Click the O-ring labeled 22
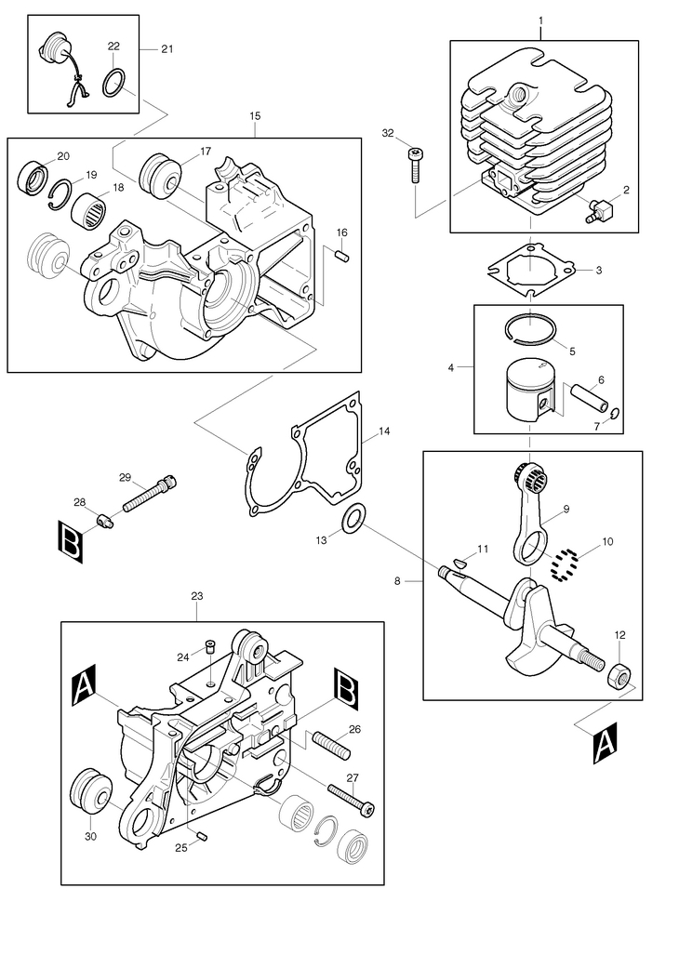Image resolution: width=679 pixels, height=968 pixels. pos(105,86)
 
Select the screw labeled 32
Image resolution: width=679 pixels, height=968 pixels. pos(414,165)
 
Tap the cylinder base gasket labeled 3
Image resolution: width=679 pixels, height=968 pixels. pos(531,269)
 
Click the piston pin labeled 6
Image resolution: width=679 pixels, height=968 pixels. pos(590,398)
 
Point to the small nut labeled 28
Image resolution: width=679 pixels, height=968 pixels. pos(106,519)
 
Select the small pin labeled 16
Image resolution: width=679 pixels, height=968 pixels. pos(342,254)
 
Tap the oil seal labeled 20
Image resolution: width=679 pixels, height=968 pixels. pos(33,176)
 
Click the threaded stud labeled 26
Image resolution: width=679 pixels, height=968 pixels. pos(331,745)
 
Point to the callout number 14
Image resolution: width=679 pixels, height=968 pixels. pos(384,431)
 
